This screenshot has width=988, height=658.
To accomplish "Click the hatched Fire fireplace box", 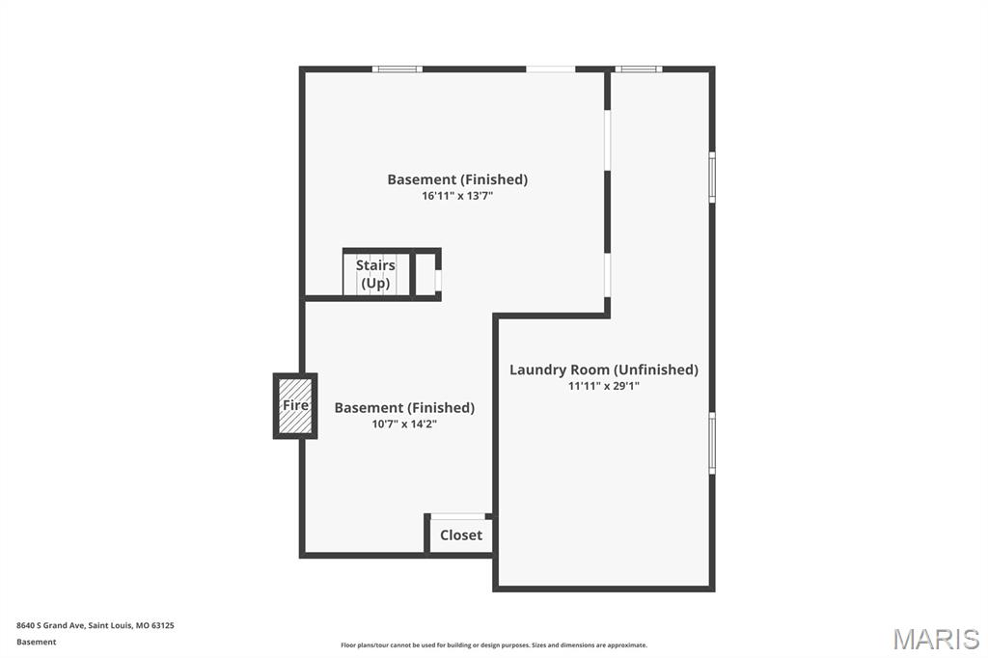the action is click(x=295, y=406).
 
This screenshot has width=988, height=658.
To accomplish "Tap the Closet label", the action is click(x=461, y=535).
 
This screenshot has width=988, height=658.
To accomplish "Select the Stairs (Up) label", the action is click(x=375, y=274).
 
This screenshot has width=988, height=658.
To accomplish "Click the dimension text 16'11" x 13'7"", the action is click(x=457, y=196).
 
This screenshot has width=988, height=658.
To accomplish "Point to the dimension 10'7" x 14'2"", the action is click(x=404, y=424).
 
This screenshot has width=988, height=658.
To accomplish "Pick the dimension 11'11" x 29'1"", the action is click(x=604, y=386).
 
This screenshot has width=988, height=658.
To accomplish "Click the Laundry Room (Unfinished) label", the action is click(x=604, y=370).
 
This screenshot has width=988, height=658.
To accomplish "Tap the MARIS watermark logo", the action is click(x=936, y=639).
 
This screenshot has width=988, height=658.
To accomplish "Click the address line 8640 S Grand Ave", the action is click(x=96, y=625).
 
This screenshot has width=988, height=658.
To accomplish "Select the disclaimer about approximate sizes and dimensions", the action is click(x=494, y=645).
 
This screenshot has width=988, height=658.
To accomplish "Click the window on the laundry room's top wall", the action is click(x=639, y=69).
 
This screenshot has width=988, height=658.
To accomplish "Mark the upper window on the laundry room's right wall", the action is click(x=712, y=178).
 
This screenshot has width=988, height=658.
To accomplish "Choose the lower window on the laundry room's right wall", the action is click(x=712, y=443).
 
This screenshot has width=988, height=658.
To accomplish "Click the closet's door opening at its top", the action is click(x=458, y=517).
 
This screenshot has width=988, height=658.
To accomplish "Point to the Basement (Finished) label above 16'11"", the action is click(x=457, y=179).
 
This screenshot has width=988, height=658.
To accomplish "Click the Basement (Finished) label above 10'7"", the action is click(x=404, y=408).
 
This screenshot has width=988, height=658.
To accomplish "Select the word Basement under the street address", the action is click(x=37, y=642).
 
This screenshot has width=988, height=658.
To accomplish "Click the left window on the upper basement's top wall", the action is click(x=397, y=69).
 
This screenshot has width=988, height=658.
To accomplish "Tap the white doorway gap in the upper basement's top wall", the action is click(x=551, y=69).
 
